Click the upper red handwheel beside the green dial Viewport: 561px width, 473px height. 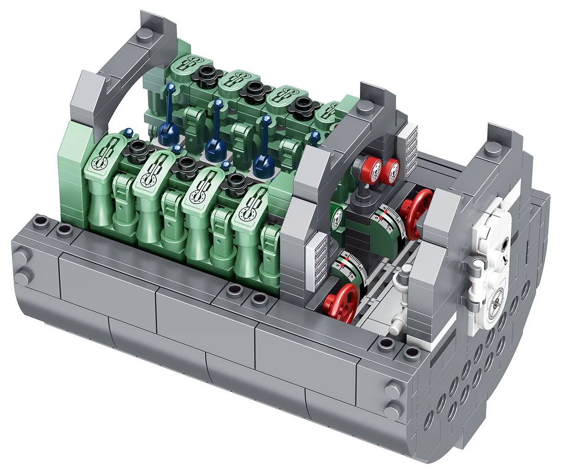416,207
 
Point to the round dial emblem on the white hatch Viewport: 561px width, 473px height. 496,302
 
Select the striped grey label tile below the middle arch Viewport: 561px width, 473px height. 319,257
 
